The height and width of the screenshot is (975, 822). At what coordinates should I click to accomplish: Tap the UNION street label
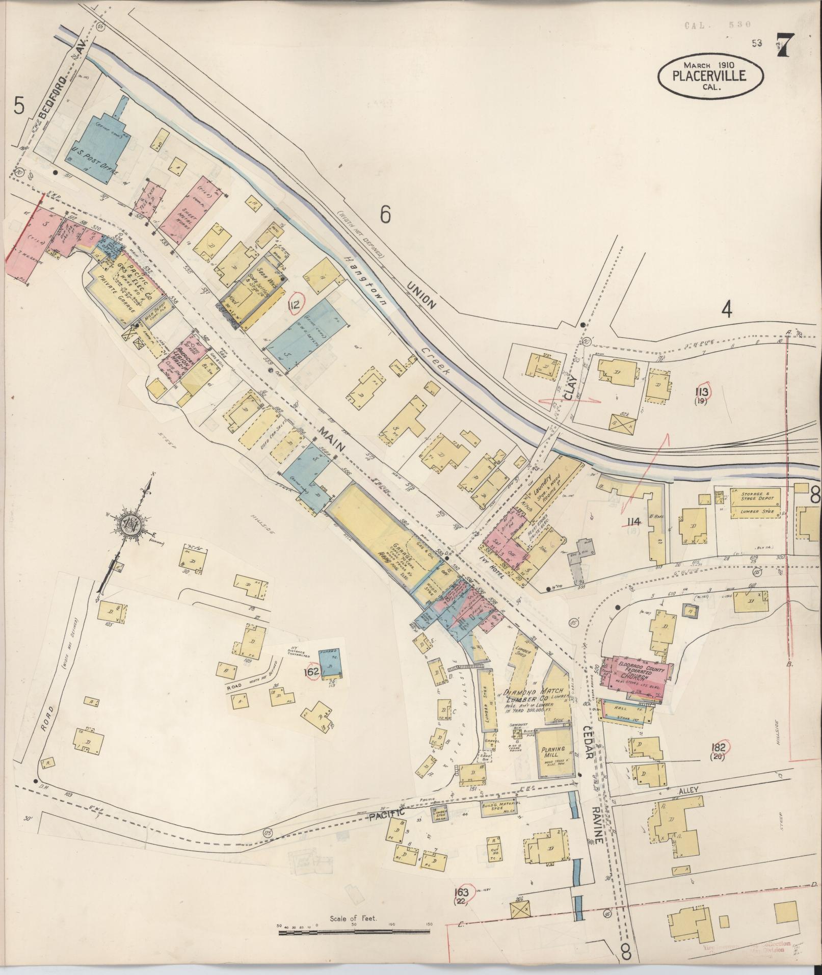(422, 297)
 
